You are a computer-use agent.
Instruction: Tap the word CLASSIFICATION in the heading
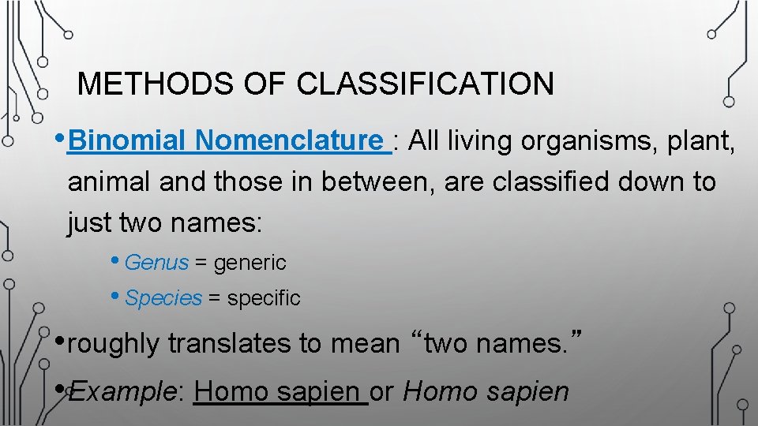tap(426, 84)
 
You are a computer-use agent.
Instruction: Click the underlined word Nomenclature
tap(289, 141)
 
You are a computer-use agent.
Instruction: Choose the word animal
tap(109, 182)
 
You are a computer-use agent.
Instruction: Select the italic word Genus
tap(156, 262)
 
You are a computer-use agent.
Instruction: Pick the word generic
tap(250, 262)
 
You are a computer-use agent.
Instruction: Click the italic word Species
tap(163, 298)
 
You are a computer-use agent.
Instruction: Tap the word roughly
tap(114, 344)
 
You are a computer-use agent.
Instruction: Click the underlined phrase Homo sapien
tap(280, 391)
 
